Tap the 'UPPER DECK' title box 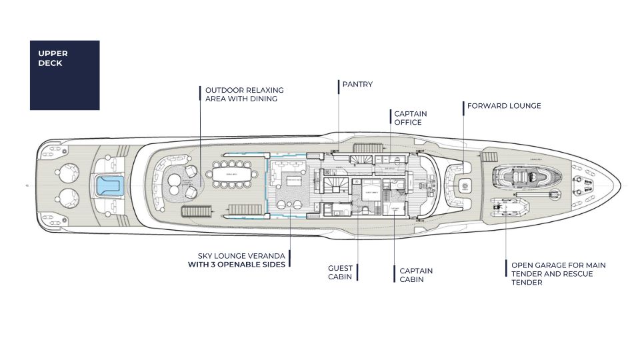pyautogui.click(x=65, y=75)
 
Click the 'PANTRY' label pyautogui.click(x=357, y=85)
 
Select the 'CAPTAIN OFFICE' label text pyautogui.click(x=410, y=118)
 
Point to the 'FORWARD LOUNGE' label pyautogui.click(x=503, y=106)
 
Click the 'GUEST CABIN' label pyautogui.click(x=340, y=273)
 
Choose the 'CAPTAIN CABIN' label pyautogui.click(x=416, y=275)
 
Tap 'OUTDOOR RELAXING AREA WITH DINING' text pyautogui.click(x=244, y=94)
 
